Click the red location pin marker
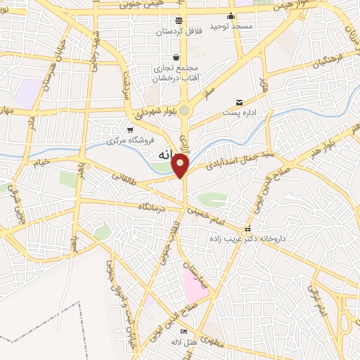[181, 164]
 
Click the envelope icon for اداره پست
[240, 103]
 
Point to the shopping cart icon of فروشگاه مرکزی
[130, 129]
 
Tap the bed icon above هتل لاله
[184, 331]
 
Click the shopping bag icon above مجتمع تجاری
[176, 58]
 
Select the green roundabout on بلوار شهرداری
[184, 110]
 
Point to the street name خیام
[41, 164]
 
